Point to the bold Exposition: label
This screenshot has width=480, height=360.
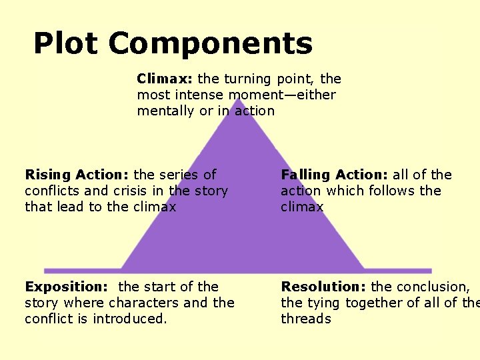pyautogui.click(x=66, y=287)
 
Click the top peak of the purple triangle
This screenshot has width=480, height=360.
pyautogui.click(x=238, y=100)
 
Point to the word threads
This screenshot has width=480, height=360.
pyautogui.click(x=306, y=319)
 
